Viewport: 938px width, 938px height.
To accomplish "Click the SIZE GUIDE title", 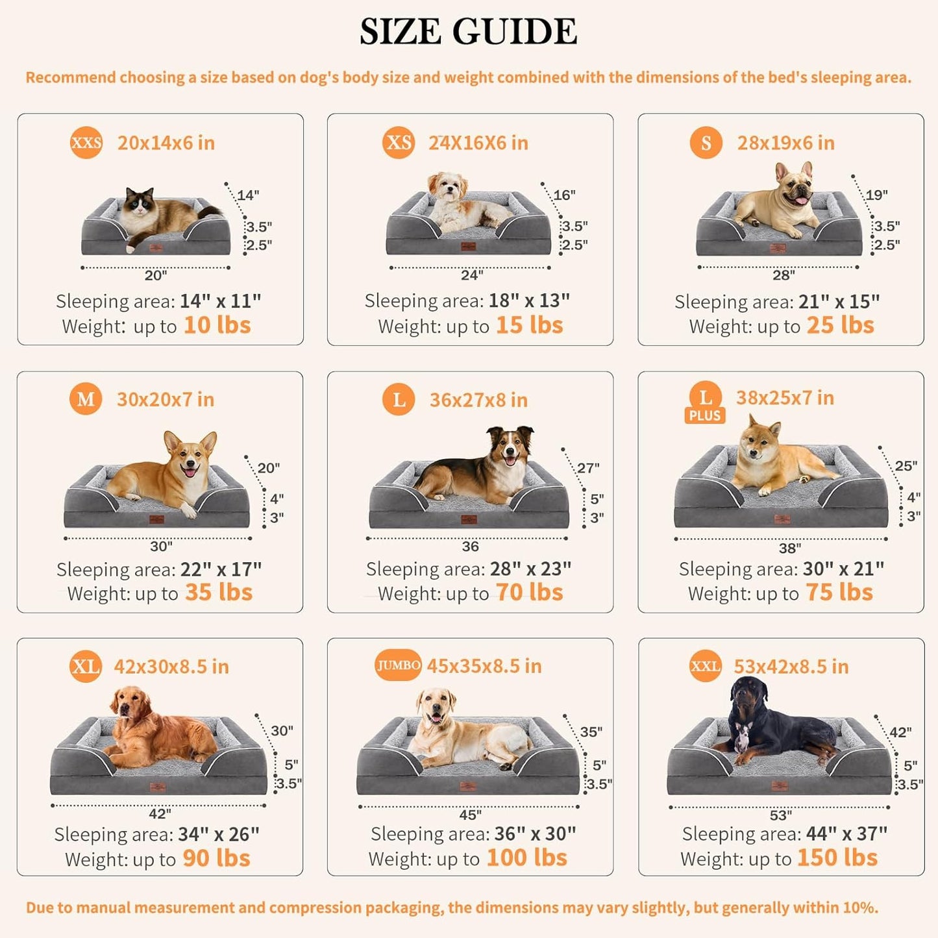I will coord(468,32).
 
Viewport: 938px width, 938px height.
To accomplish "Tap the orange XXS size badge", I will coord(86,143).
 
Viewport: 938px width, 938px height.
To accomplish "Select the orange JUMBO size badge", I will coord(398,665).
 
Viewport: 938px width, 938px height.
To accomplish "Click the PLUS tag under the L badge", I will coord(705,415).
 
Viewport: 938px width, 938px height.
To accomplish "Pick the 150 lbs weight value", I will coord(837,858).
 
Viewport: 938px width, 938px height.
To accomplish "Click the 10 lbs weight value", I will coord(217,325).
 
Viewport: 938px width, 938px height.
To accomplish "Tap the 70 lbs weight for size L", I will coord(529,593).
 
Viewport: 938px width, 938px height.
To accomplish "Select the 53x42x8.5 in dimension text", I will coord(791,667).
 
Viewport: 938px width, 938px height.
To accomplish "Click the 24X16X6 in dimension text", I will coord(478,143).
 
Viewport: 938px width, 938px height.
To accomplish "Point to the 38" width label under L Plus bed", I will coord(789,549).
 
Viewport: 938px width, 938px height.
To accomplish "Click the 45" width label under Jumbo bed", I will coord(470,815).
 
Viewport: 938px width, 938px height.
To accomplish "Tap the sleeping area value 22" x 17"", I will coord(221,569).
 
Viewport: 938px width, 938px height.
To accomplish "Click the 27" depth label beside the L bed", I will coord(588,468).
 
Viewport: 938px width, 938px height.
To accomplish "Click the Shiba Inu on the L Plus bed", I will coord(776,461).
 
